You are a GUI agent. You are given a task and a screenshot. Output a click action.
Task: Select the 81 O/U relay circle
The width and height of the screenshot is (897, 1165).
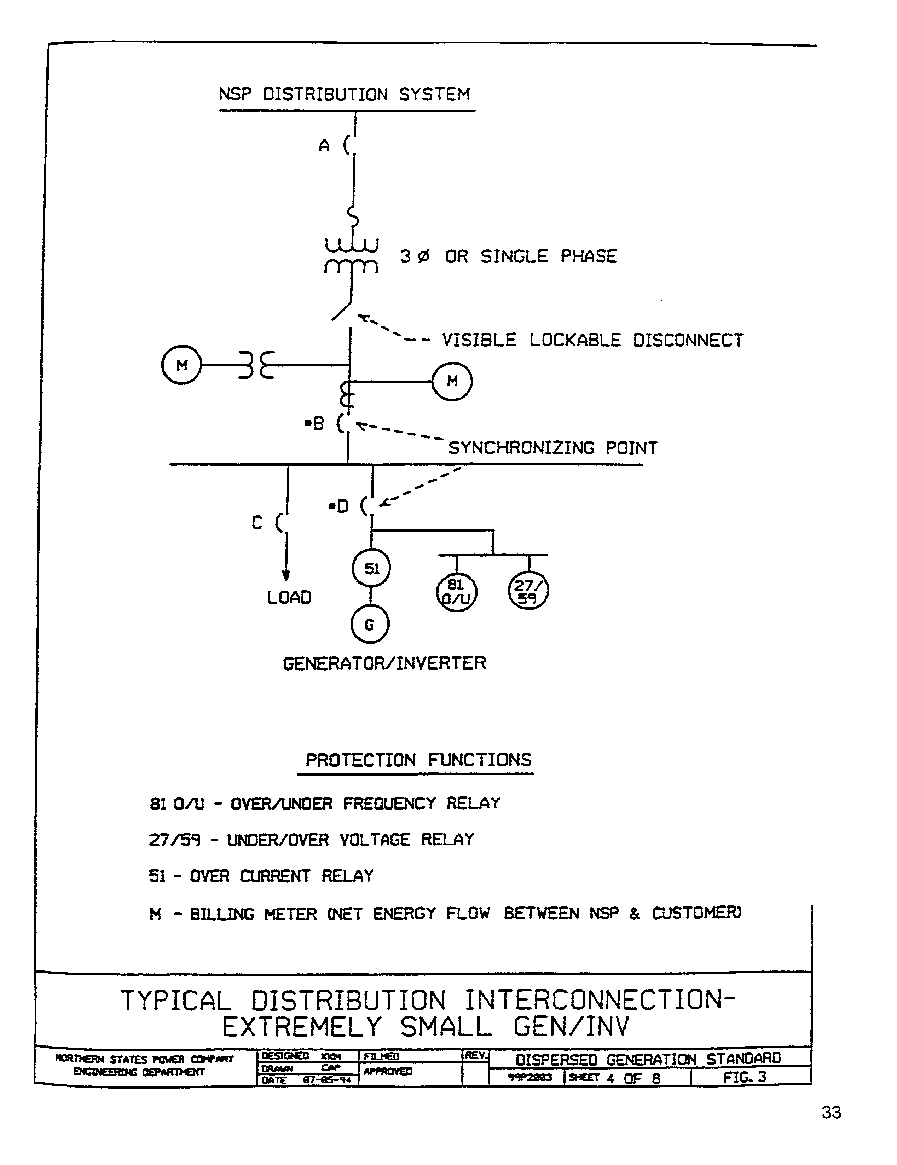[x=456, y=592]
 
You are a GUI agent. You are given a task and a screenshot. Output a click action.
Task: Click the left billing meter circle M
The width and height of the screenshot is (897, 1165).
[x=181, y=365]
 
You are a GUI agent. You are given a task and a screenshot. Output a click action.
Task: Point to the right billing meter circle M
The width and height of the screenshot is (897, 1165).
[x=452, y=381]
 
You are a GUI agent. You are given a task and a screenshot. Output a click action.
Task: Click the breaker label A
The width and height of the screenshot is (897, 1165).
[x=324, y=145]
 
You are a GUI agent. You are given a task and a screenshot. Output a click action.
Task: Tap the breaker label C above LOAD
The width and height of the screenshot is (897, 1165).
[x=257, y=523]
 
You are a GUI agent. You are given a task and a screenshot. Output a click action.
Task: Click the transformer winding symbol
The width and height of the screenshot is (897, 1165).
[x=352, y=256]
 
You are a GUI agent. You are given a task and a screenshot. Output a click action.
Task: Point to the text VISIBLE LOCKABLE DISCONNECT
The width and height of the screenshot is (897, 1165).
[x=592, y=340]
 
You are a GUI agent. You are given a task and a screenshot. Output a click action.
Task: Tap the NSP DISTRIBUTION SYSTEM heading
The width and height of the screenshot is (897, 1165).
[x=345, y=94]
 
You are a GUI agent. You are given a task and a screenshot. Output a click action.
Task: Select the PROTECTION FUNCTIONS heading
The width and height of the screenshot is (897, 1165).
[x=418, y=760]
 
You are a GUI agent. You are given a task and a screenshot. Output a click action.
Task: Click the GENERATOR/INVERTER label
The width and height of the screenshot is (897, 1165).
[x=384, y=663]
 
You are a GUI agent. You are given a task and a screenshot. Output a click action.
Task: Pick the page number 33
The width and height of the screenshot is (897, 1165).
[x=831, y=1112]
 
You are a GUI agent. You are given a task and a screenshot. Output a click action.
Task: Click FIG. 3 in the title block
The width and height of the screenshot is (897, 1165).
[x=745, y=1077]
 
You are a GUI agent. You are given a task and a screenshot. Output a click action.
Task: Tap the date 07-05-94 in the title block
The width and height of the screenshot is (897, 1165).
[x=326, y=1080]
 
